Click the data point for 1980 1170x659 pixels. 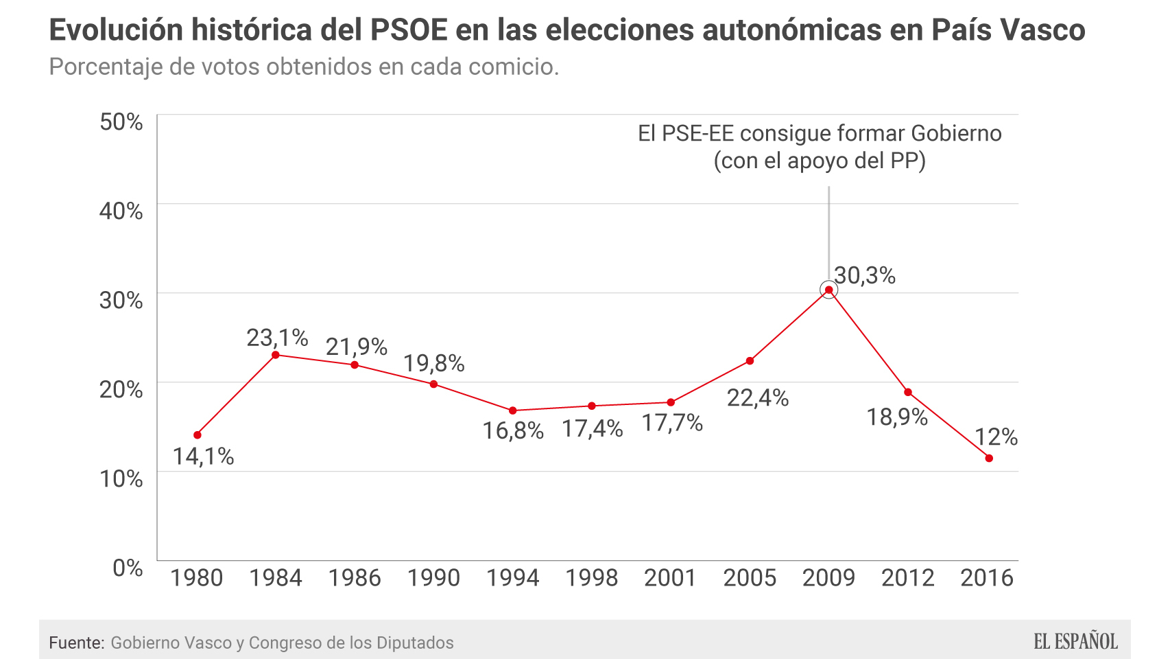coord(198,435)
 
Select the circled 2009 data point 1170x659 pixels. coord(828,290)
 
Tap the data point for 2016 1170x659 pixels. coord(989,458)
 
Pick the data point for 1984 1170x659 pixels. coord(276,355)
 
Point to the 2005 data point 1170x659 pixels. coord(750,361)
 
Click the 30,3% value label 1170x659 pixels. coord(865,275)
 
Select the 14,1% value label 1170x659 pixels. coord(203,456)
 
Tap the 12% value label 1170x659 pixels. coord(996,437)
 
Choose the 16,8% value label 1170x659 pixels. coord(513,430)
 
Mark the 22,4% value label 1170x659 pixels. coord(758,397)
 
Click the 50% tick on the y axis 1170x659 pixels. coord(121,122)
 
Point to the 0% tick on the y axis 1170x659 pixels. coord(128,568)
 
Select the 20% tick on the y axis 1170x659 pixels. coord(121,389)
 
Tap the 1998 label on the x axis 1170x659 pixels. coord(591,578)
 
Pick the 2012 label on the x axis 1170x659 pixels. coord(907,578)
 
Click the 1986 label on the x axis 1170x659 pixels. coord(355,578)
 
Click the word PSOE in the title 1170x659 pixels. coord(409,30)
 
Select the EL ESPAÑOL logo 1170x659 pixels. coord(1075,642)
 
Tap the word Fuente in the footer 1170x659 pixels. coord(76,643)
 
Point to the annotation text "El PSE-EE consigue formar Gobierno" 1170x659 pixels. coord(820,133)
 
